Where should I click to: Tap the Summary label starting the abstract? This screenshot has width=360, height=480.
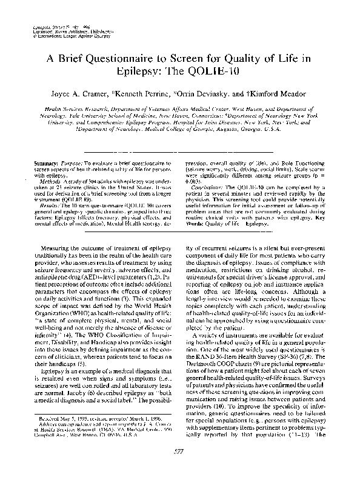46,164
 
